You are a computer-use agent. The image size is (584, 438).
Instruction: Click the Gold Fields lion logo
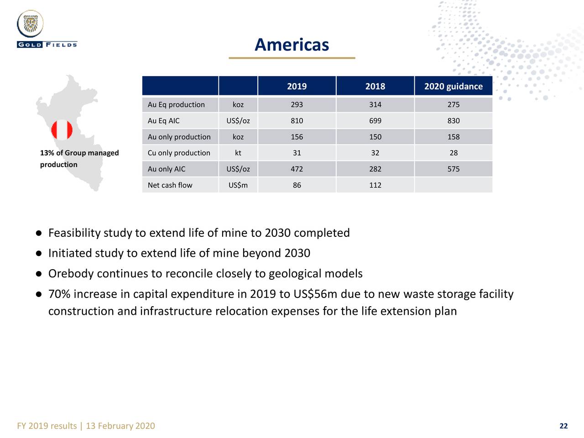tap(30, 24)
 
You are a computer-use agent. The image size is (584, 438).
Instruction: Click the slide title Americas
tap(292, 45)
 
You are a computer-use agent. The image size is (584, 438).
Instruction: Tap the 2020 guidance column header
tap(454, 86)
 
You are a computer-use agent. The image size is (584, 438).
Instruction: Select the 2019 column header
tap(297, 86)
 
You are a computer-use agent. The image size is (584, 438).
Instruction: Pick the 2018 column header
tap(375, 86)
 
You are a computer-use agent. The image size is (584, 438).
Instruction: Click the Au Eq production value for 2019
tap(297, 104)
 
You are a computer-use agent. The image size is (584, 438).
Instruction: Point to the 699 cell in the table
tap(375, 121)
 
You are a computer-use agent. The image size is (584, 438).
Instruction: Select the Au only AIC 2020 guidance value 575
tap(454, 169)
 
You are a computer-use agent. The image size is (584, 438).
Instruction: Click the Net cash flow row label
tap(170, 185)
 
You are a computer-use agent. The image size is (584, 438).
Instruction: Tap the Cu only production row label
tap(179, 153)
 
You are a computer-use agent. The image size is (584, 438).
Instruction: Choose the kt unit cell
tap(238, 153)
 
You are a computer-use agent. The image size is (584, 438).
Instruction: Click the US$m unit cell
tap(238, 185)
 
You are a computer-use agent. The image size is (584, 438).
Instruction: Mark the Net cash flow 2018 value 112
tap(375, 185)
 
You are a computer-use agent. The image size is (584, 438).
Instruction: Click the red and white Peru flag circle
tap(62, 130)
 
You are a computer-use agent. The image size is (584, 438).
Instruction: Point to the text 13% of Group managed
tap(79, 153)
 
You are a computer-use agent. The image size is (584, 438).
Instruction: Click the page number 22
tap(563, 426)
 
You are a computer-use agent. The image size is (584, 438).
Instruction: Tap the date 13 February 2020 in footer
tap(120, 426)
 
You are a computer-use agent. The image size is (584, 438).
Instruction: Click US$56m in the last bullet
tap(315, 294)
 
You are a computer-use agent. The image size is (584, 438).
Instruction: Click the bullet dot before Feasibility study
tap(39, 234)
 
